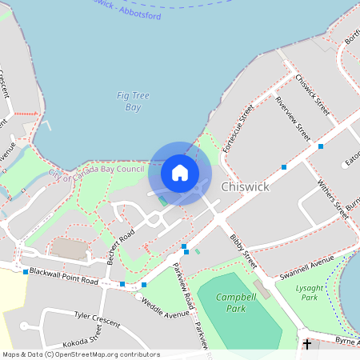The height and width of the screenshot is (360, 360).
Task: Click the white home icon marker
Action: coord(180,173)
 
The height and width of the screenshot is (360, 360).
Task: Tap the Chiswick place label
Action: coord(245,186)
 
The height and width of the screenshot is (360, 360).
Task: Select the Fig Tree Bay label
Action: coord(128,101)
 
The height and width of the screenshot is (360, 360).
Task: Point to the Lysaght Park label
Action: coord(306,292)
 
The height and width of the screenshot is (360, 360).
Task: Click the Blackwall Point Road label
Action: coord(64,276)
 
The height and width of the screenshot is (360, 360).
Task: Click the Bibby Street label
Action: coord(243,250)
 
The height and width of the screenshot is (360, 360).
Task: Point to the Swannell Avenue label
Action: coord(306,266)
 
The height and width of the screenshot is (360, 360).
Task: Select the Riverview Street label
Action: coord(292,114)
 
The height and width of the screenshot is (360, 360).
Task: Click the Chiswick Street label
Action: coord(312,94)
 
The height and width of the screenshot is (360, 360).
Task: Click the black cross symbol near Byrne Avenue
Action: coord(307,344)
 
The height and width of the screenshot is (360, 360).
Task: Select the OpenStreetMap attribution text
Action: coord(81,354)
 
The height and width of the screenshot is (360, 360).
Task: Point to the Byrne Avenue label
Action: coord(347,341)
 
